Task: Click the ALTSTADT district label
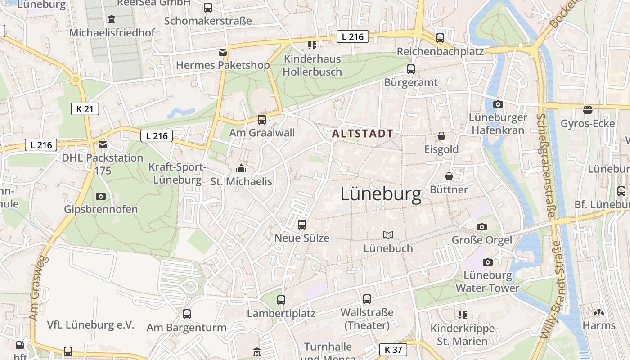click(363, 134)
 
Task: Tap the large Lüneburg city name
click(381, 194)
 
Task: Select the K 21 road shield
click(85, 108)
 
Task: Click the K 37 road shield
click(393, 349)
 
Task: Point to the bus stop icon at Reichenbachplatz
click(440, 38)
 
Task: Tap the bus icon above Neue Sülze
click(302, 225)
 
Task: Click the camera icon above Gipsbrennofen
click(101, 196)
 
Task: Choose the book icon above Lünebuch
click(388, 235)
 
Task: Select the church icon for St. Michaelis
click(241, 169)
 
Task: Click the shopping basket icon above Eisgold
click(441, 136)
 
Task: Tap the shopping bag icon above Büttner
click(449, 176)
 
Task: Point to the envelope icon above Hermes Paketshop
click(222, 52)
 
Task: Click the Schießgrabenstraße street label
click(545, 165)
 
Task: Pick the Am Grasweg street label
click(38, 288)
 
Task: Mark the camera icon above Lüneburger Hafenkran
click(498, 104)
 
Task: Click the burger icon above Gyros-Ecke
click(587, 110)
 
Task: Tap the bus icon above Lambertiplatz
click(281, 300)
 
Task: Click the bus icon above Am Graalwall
click(261, 120)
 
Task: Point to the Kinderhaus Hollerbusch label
click(312, 65)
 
